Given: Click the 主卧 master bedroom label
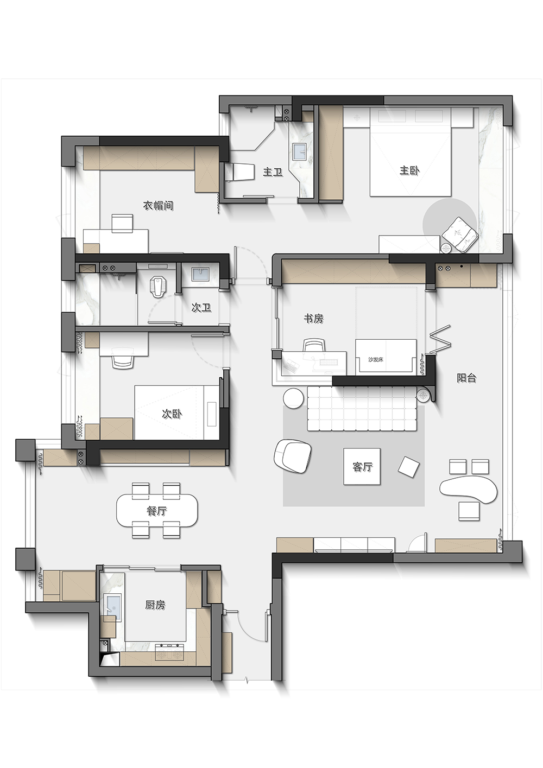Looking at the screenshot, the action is (x=409, y=170).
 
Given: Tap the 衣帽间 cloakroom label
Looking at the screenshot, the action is (x=158, y=206).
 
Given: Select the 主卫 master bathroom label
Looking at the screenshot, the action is (x=273, y=172).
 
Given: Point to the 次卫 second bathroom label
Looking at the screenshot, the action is (x=201, y=308).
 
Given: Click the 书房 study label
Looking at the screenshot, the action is (x=313, y=319).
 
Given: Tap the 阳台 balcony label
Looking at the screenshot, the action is (x=466, y=378).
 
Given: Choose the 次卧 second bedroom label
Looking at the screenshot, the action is (x=172, y=414).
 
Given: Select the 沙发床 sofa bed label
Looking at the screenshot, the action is (x=376, y=360).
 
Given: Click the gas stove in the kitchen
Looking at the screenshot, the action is (x=170, y=655).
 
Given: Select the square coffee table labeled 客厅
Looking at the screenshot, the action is (x=362, y=466).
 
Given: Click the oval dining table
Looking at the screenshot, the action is (x=157, y=511).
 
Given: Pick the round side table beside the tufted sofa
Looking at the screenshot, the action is (x=294, y=397).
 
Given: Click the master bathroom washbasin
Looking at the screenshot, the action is (x=300, y=151).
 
